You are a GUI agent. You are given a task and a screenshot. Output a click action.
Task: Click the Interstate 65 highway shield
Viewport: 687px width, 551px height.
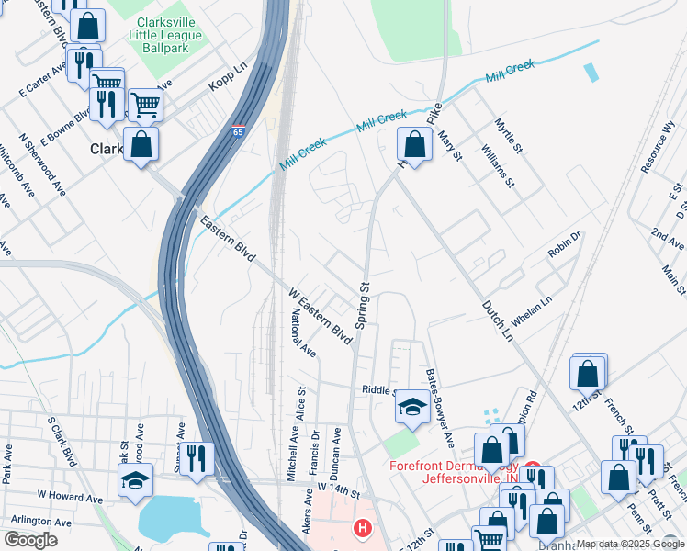click(x=239, y=131)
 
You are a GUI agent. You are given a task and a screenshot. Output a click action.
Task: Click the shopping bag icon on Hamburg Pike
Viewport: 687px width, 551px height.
click(x=415, y=145)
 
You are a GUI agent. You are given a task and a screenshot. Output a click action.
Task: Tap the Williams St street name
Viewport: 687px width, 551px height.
click(x=503, y=164)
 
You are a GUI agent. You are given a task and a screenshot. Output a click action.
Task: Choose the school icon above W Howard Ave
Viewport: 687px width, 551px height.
click(x=135, y=480)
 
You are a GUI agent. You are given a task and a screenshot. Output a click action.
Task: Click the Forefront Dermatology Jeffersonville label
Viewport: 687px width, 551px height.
click(x=453, y=471)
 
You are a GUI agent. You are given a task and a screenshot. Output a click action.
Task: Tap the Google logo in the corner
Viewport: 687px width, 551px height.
click(x=30, y=540)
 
